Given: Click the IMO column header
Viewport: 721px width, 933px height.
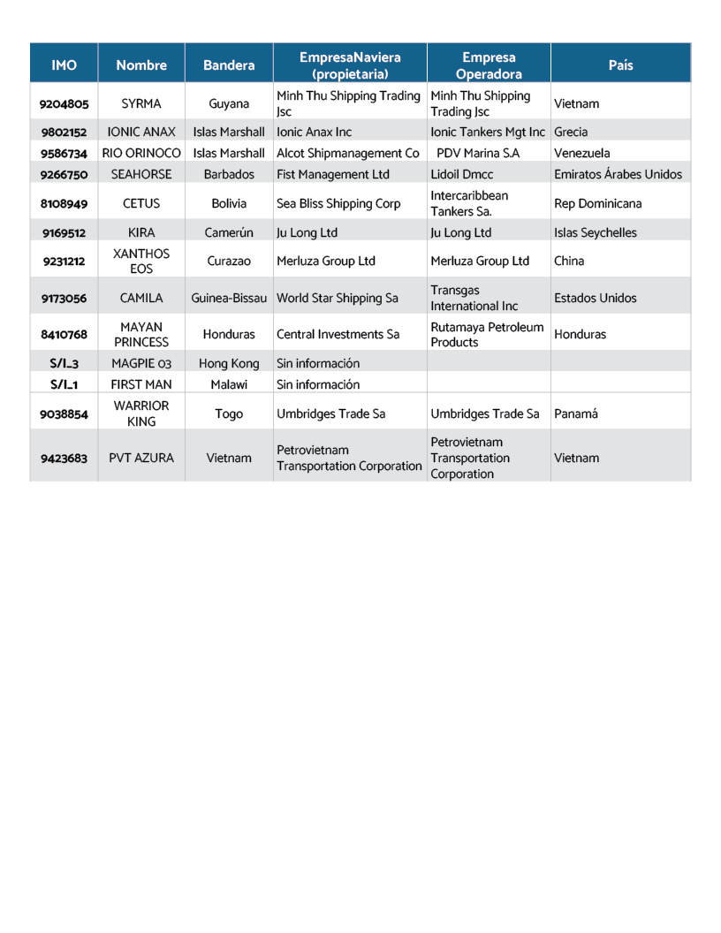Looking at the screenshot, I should (x=64, y=64).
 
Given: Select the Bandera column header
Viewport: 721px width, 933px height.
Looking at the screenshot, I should (x=229, y=64).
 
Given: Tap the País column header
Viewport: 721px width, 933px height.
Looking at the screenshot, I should (x=620, y=64).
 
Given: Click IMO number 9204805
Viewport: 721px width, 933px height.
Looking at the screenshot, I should (x=64, y=103).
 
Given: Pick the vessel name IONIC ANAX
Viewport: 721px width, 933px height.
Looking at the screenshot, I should (x=141, y=132).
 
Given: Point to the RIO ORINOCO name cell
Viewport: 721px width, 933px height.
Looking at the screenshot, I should (x=141, y=153).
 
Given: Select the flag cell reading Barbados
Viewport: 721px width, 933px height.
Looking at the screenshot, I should (x=229, y=174).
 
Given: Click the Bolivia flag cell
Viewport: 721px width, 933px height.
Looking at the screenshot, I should (x=229, y=203).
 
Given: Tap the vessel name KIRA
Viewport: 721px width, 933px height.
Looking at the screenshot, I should (x=141, y=232).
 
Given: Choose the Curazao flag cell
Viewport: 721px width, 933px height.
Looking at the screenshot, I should (x=229, y=261).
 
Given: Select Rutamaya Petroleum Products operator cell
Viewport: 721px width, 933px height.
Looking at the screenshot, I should (x=487, y=335).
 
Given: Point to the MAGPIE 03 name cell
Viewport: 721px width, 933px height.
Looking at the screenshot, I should (x=141, y=363).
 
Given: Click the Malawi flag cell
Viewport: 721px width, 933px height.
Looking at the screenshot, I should (x=229, y=384).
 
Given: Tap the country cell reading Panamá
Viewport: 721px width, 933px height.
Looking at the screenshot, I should (x=576, y=413).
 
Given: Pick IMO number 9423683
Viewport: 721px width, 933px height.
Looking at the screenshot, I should (x=64, y=458).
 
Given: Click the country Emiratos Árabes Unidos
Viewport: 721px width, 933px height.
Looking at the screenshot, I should (x=618, y=174).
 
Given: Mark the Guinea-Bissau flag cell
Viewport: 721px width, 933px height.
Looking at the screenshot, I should (x=229, y=298).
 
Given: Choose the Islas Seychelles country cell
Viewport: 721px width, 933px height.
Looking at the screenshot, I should (x=595, y=232).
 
